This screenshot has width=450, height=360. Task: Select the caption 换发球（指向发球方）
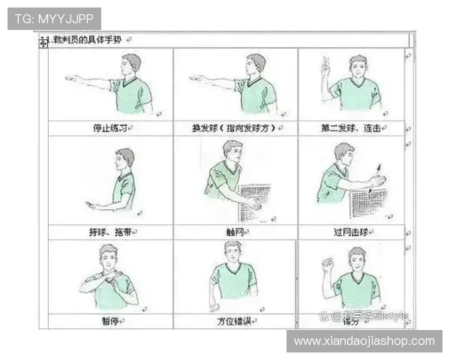[233, 128]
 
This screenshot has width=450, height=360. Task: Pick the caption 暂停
[110, 321]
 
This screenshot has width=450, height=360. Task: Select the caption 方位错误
[235, 321]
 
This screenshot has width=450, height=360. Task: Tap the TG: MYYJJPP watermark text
[54, 18]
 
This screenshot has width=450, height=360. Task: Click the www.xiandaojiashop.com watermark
[364, 341]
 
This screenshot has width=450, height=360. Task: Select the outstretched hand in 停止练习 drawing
[72, 77]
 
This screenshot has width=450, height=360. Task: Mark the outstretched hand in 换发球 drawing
[197, 77]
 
